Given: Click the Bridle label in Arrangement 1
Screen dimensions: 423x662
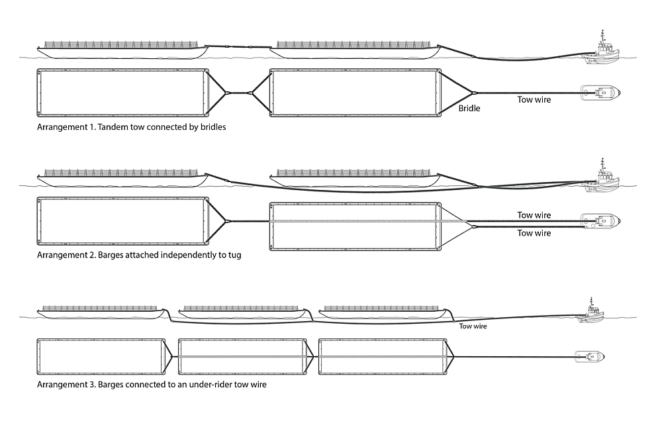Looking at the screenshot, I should click(469, 107).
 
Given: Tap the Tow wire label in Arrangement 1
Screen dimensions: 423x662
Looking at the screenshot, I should click(534, 100).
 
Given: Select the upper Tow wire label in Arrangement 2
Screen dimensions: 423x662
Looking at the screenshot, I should click(534, 215).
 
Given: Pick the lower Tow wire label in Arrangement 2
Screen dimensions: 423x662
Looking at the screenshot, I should click(534, 233).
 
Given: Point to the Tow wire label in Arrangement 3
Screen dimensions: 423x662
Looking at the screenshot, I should click(473, 326).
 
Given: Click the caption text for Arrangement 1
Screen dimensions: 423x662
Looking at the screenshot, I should click(132, 126).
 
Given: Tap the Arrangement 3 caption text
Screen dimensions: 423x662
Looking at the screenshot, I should click(152, 384).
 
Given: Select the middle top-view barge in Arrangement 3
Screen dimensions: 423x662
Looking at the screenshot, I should click(241, 357).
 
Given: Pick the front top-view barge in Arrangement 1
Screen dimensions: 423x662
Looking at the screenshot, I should click(355, 93).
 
